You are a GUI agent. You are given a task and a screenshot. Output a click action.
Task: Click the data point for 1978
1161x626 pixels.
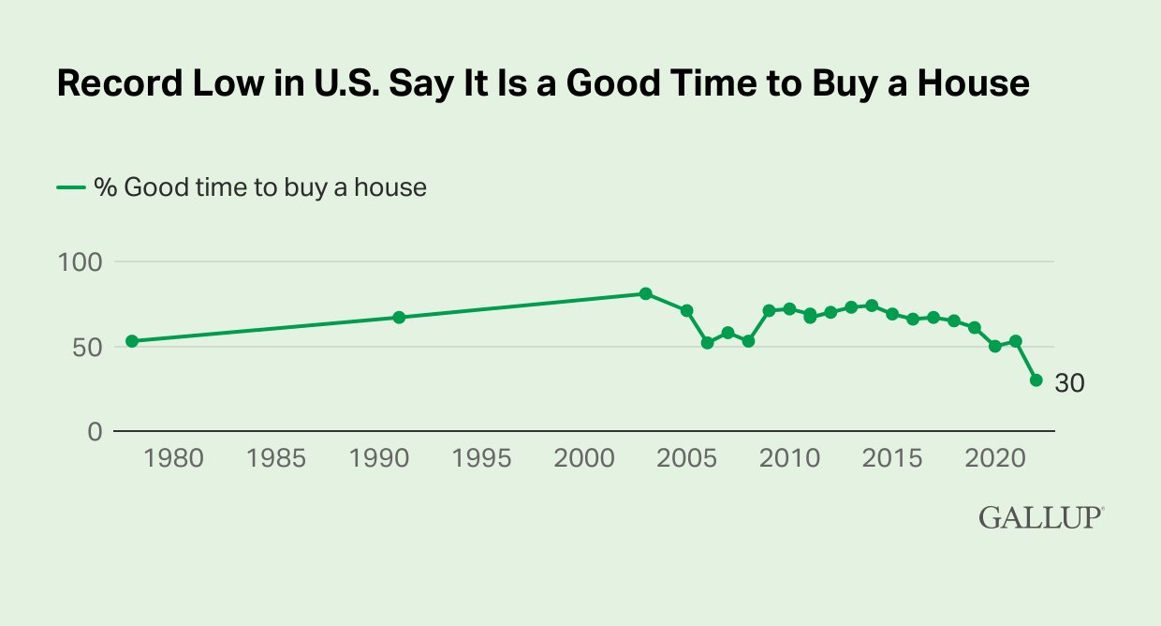coord(132,341)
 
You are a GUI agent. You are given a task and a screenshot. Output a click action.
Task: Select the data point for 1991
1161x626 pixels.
coord(399,318)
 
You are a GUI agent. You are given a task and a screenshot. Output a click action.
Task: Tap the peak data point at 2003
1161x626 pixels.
coord(645,293)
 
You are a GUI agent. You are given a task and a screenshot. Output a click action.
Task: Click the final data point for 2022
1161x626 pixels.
coord(1036,380)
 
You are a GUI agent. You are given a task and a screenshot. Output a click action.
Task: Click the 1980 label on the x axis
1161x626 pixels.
coord(174,459)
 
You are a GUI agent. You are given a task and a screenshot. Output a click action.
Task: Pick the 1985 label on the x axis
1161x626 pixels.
coord(277,459)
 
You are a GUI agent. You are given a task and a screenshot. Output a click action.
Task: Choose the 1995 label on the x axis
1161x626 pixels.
coord(482,459)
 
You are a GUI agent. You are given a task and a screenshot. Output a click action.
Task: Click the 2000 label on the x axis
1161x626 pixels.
coord(584,459)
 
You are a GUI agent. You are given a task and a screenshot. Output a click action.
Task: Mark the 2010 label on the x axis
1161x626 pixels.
coord(789,459)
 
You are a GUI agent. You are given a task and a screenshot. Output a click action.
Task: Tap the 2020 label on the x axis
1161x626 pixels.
coord(994,459)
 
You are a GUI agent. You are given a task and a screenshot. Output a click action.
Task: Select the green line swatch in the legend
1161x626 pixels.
coord(71,187)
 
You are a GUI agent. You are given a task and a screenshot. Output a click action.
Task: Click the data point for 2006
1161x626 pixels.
coord(707,343)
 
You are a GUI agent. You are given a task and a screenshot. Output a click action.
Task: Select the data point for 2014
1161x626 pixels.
coord(872,306)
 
